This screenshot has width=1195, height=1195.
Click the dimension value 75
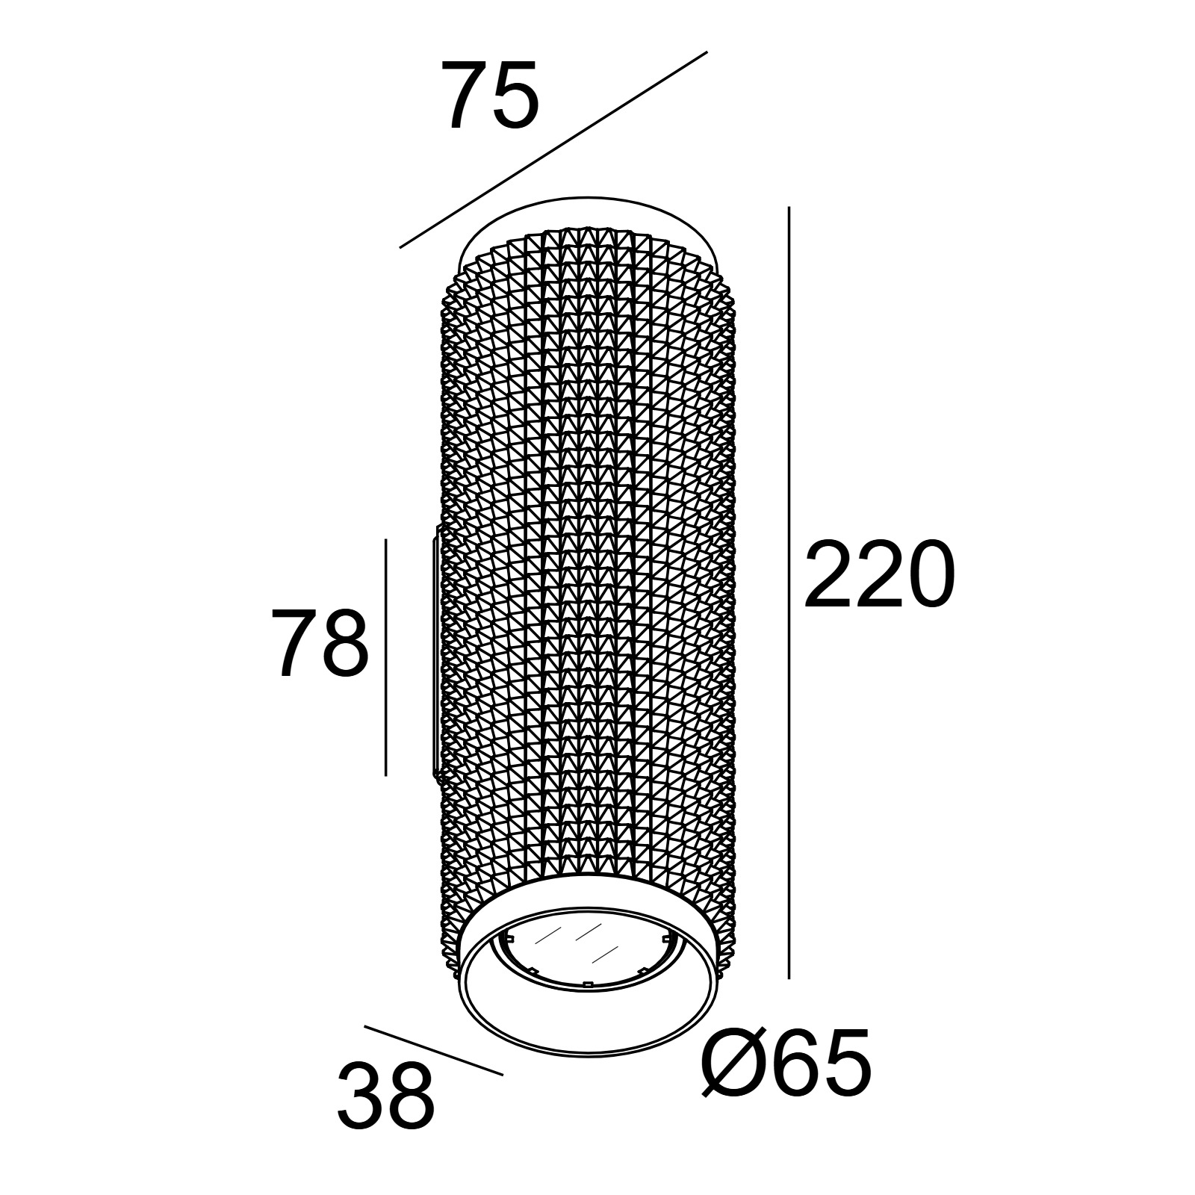[490, 95]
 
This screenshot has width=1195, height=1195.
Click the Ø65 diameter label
[786, 1063]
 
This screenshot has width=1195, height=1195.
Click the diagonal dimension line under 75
[553, 149]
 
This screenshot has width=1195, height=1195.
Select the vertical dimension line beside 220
[789, 593]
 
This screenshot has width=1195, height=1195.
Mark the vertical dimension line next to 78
[385, 657]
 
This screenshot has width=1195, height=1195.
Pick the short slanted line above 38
[434, 1051]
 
